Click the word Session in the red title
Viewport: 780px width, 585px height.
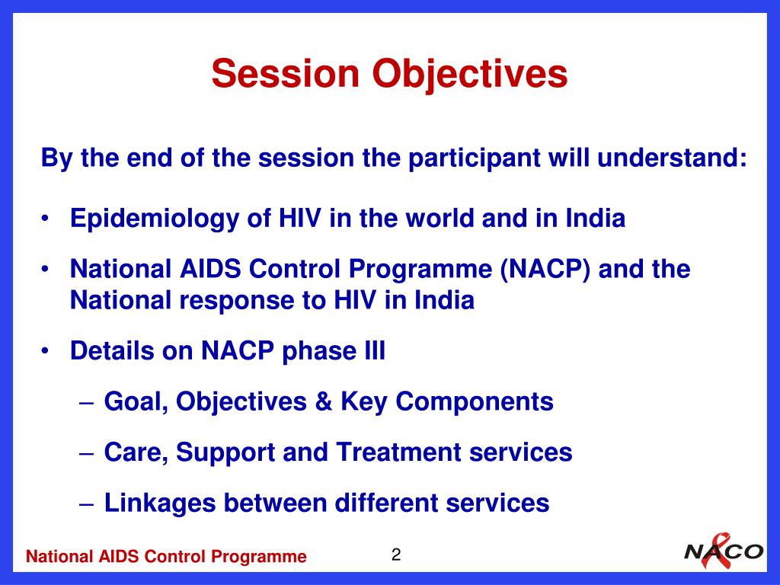[x=286, y=74]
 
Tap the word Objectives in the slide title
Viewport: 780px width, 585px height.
[x=469, y=75]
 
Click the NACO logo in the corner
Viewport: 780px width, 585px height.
[x=724, y=551]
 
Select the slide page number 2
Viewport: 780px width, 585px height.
[x=396, y=555]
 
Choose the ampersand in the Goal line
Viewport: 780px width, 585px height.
[x=323, y=401]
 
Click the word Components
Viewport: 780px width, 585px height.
[x=474, y=402]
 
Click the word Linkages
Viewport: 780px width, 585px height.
[x=160, y=503]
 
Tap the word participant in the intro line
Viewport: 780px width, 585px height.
[x=474, y=158]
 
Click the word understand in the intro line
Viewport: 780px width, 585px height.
[x=672, y=158]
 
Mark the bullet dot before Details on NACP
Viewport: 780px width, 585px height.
[x=45, y=351]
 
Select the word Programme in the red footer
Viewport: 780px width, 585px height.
[x=259, y=557]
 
